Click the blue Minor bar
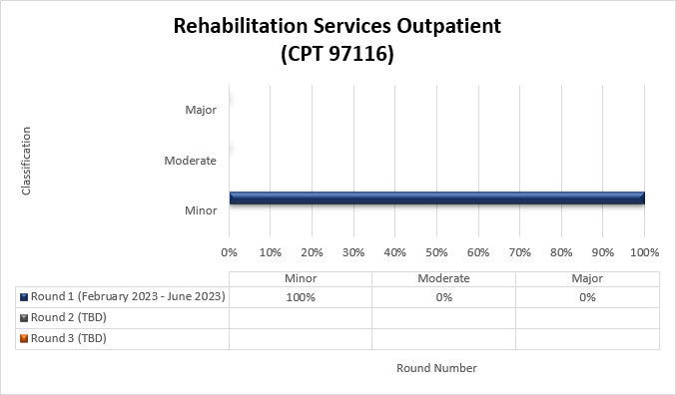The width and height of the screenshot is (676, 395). click(x=436, y=197)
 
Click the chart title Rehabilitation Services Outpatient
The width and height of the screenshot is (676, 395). click(x=338, y=27)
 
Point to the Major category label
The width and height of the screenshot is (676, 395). click(x=201, y=110)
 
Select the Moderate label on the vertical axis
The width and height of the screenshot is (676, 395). click(x=190, y=161)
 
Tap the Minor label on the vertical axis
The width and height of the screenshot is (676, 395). click(x=201, y=210)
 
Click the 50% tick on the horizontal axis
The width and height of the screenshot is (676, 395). click(x=436, y=252)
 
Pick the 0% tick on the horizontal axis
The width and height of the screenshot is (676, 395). click(x=229, y=252)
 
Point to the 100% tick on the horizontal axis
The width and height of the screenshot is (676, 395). click(x=644, y=252)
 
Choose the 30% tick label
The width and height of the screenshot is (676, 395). click(x=353, y=252)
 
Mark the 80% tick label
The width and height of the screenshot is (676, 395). click(x=561, y=252)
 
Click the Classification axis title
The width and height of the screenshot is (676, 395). click(x=26, y=160)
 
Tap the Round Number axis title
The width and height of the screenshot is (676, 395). click(x=436, y=368)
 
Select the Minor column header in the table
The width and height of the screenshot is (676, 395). click(x=301, y=278)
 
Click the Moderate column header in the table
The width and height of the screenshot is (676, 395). click(x=443, y=278)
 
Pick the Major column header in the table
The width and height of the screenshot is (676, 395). click(x=587, y=278)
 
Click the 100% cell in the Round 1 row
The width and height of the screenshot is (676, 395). click(x=301, y=297)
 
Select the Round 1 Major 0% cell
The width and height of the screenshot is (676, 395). click(x=587, y=297)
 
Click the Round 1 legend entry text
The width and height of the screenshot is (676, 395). click(x=128, y=297)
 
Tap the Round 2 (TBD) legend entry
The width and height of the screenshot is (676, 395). click(x=69, y=318)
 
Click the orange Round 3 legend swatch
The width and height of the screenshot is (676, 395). click(x=23, y=339)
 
